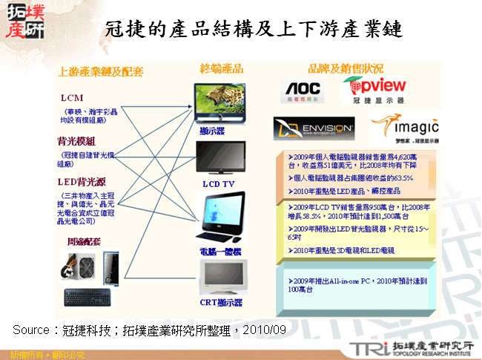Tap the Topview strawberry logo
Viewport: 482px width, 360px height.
(375, 89)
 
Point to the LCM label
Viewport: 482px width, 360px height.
(72, 98)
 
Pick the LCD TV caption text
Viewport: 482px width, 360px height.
(218, 183)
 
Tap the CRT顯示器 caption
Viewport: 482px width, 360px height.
(222, 303)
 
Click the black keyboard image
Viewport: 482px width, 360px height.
(88, 297)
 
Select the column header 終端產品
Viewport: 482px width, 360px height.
(221, 68)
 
